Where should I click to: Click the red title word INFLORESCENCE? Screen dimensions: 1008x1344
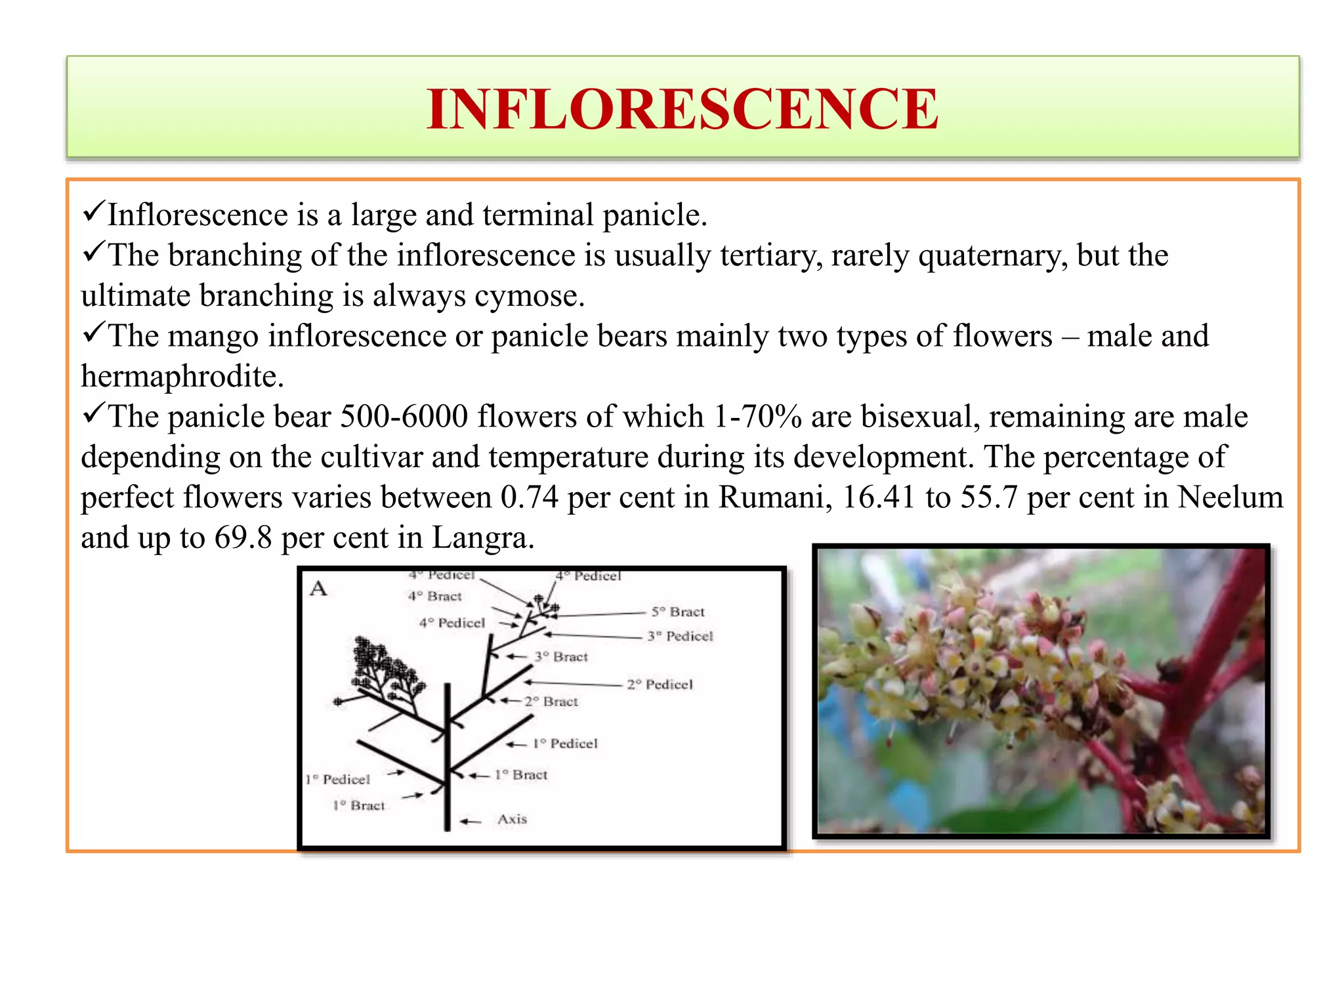point(682,109)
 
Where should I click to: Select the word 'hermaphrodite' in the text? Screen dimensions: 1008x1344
point(181,376)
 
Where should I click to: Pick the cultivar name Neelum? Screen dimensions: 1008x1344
point(1229,497)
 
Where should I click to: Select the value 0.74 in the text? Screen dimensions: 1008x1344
point(529,497)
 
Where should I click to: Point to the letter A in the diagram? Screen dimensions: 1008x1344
point(318,588)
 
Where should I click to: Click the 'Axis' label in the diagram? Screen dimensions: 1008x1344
point(512,819)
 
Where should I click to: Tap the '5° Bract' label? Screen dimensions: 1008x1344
point(677,612)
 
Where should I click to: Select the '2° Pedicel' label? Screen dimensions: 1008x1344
point(660,684)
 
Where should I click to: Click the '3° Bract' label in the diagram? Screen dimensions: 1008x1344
point(560,656)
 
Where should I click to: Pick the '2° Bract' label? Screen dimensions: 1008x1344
point(551,702)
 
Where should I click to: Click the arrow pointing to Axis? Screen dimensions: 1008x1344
point(471,821)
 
